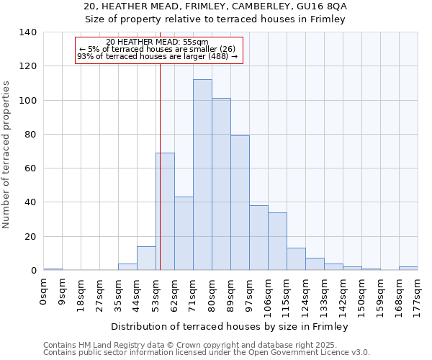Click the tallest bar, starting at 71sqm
202,175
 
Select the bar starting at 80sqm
221,184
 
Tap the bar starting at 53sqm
165,212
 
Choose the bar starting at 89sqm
240,203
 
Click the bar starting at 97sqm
258,238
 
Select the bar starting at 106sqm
277,241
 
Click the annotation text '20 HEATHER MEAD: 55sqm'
157,42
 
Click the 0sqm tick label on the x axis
44,292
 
